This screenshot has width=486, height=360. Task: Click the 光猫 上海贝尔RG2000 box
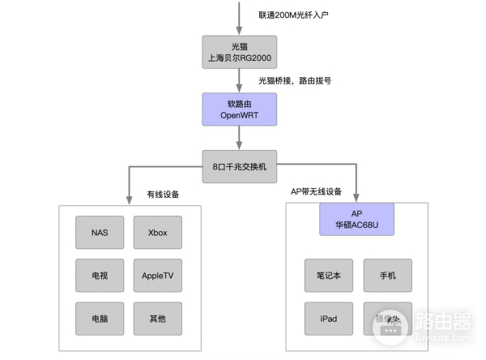tap(239, 52)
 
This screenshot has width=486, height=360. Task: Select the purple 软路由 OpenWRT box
tap(239, 109)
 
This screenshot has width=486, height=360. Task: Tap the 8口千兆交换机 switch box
tap(239, 166)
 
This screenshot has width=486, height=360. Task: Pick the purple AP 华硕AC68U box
tap(357, 220)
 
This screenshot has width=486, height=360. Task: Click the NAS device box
tap(100, 233)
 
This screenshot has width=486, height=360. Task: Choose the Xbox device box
tap(158, 233)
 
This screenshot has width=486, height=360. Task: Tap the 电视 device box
tap(100, 276)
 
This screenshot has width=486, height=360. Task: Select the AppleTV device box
tap(158, 276)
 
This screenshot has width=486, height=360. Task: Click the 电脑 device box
tap(100, 319)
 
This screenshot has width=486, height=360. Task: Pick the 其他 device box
tap(158, 319)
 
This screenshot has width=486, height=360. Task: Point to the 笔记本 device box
tap(329, 276)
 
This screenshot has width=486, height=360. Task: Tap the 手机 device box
tap(387, 276)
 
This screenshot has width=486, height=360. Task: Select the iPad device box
tap(329, 319)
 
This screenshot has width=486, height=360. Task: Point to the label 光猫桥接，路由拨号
tap(295, 81)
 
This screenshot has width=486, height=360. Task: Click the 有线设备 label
tap(163, 195)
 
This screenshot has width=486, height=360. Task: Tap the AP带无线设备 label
tap(317, 192)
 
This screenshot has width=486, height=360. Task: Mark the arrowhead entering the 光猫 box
tap(239, 30)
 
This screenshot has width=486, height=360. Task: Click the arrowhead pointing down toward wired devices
tap(128, 199)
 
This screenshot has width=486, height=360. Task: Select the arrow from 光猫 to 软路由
tap(239, 79)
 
